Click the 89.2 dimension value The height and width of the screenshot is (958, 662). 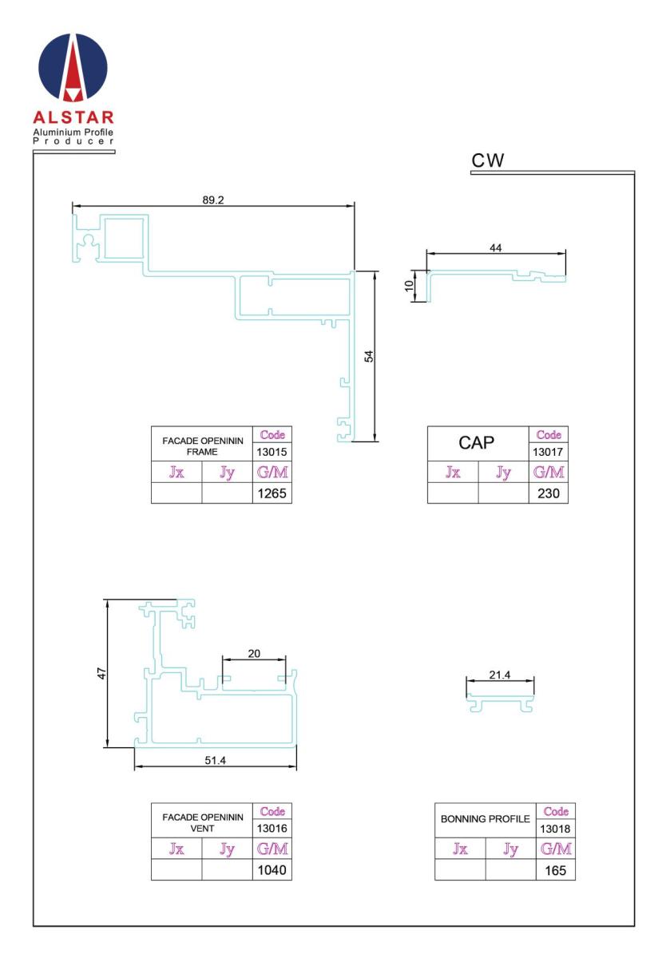pos(212,200)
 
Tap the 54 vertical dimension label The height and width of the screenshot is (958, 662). pos(368,356)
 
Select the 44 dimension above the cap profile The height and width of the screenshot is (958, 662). pos(495,247)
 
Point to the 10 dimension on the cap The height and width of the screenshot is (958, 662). pos(409,285)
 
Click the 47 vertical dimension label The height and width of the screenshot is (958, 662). pos(101,673)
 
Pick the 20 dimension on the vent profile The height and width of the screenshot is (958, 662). pos(254,653)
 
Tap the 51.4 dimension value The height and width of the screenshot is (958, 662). pos(215,760)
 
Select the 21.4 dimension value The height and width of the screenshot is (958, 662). pos(499,675)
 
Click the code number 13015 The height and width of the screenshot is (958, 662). pos(272,452)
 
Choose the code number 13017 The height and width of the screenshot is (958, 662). pos(548,452)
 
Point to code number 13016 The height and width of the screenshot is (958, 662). pos(272,829)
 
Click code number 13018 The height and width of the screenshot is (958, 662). pos(555,829)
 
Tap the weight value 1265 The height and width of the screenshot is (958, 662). pos(272,493)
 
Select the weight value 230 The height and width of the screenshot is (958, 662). pos(548,493)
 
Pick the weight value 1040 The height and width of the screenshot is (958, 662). pos(272,870)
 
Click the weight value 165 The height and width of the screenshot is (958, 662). pos(556,870)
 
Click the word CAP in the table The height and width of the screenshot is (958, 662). pos(476,442)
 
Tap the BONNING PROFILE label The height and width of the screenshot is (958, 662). pos(486,818)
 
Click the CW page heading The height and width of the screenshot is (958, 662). pos(487,160)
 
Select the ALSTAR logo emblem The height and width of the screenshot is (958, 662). pos(73,68)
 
